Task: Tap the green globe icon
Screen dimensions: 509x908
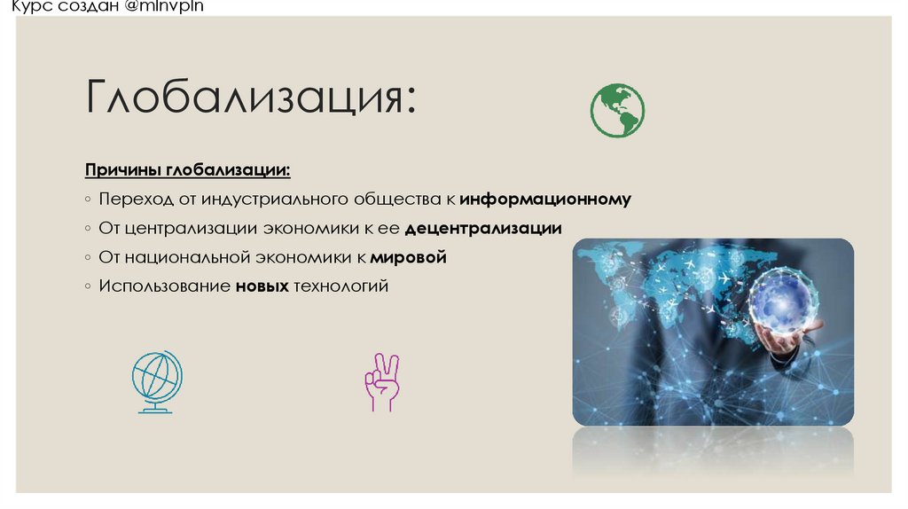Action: (617, 111)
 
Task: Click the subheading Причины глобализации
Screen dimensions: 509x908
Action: (187, 169)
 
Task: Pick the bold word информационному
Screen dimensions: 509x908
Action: (545, 200)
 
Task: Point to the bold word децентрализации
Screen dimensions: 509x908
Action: (483, 229)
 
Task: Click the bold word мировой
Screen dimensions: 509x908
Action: (408, 258)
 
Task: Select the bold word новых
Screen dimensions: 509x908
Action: (262, 287)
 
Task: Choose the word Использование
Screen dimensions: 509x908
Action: (164, 287)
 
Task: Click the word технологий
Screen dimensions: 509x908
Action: (341, 287)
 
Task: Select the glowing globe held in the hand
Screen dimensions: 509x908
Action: (779, 300)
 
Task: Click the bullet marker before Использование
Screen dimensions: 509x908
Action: (89, 287)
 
